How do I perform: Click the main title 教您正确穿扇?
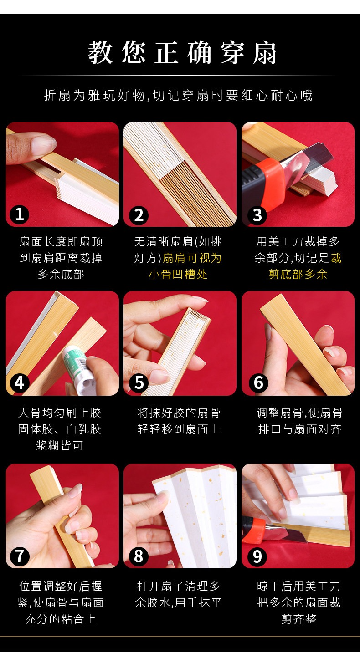coord(182,53)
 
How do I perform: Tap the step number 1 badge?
coord(19,214)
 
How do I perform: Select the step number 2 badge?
coord(139,215)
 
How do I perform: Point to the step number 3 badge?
coord(257,215)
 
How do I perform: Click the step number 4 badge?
coord(20,383)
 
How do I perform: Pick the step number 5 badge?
coord(139,383)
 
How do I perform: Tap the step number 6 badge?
coord(258,383)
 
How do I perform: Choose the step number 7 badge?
coord(20,556)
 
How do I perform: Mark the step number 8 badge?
coord(139,556)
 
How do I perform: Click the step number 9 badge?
coord(257,556)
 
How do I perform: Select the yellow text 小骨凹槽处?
coord(178,275)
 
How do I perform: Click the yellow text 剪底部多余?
coord(298,275)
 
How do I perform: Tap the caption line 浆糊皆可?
coord(60,445)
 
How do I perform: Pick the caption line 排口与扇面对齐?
coord(299,429)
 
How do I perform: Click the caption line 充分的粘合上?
coord(61,619)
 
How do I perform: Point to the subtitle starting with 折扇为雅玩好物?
coord(178,96)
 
